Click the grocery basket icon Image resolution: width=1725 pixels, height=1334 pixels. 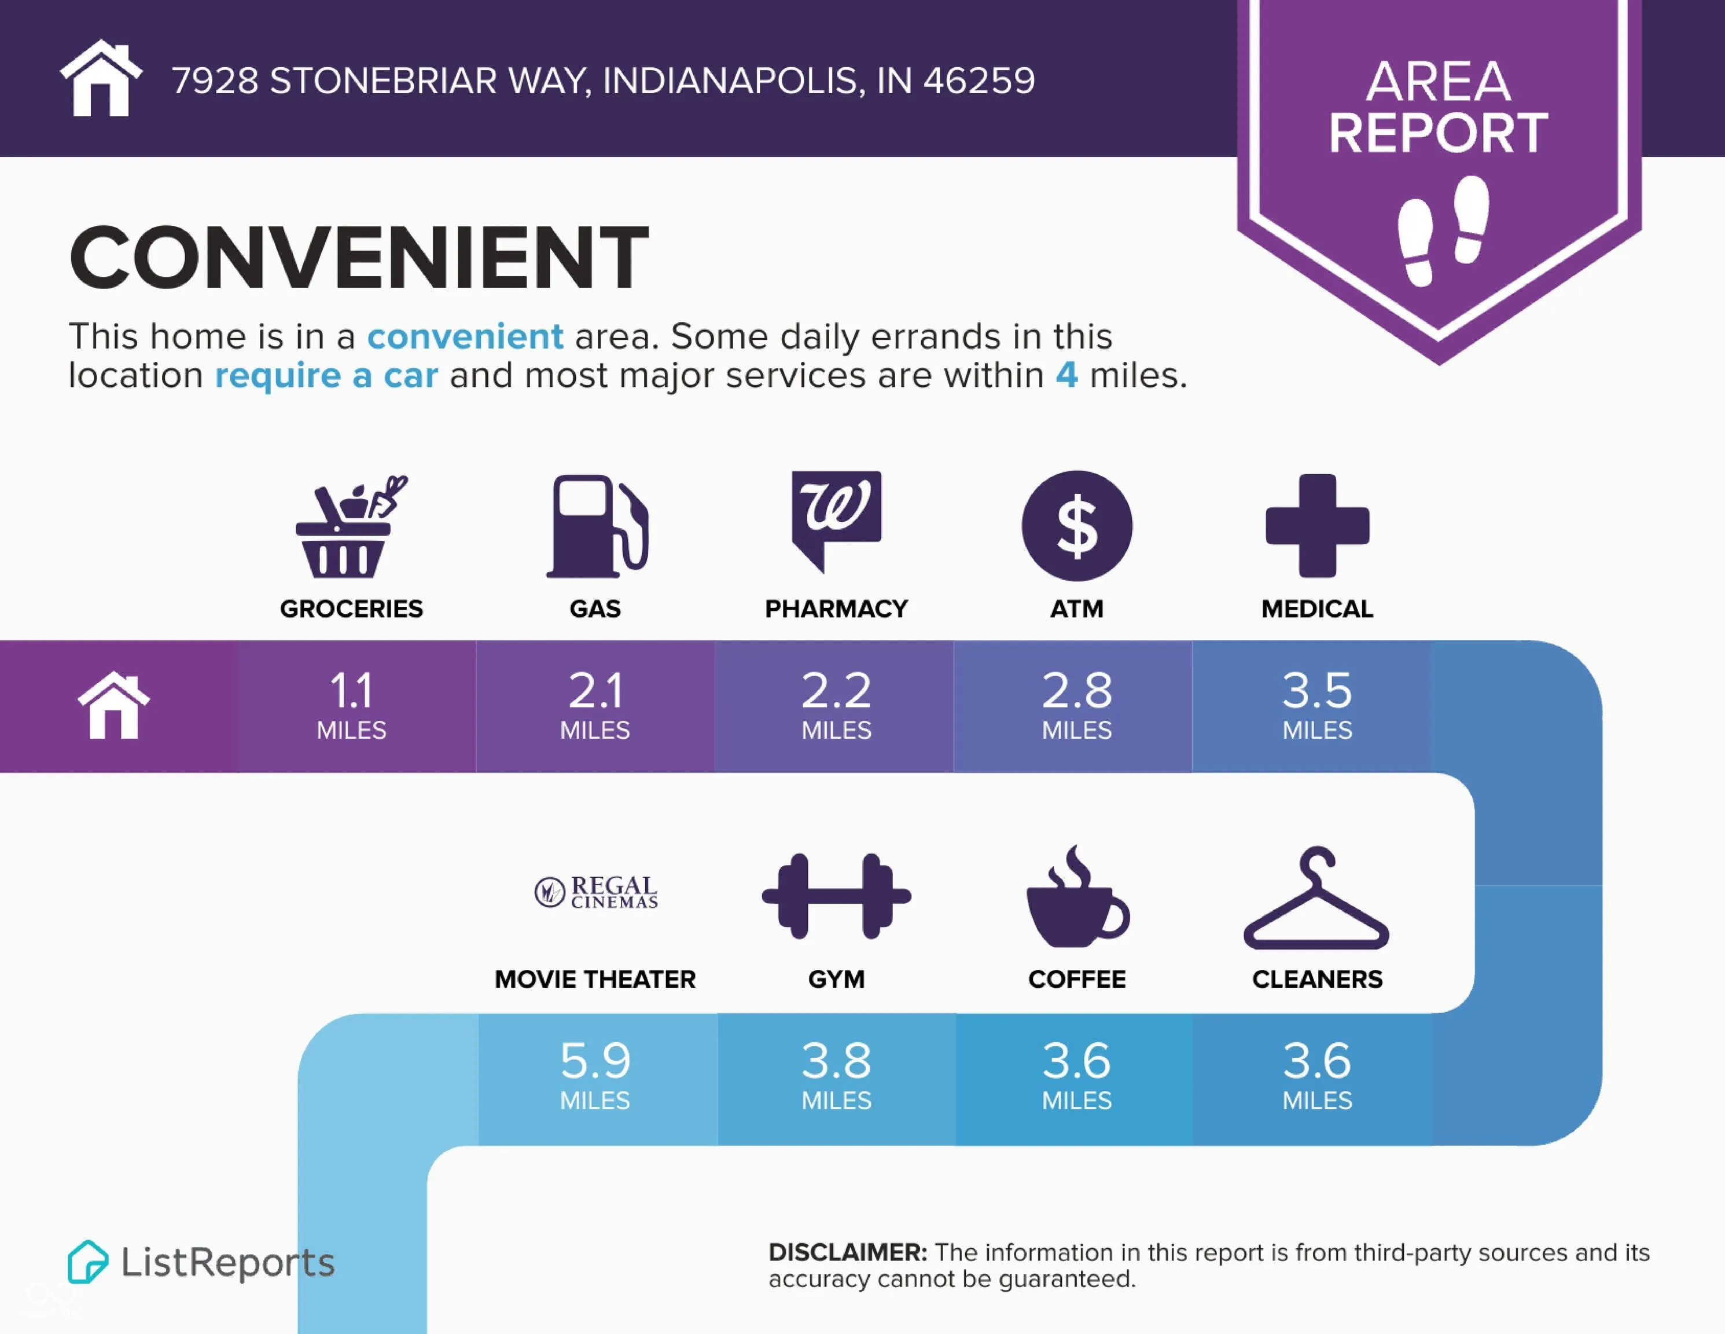coord(351,526)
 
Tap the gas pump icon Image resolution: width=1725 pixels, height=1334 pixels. coord(597,526)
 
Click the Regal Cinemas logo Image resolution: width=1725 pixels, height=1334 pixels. coord(597,892)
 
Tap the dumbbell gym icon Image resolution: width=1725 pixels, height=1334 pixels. coord(836,896)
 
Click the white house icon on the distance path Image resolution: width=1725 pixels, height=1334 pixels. coord(114,705)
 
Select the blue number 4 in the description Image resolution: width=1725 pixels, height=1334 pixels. coord(1066,375)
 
